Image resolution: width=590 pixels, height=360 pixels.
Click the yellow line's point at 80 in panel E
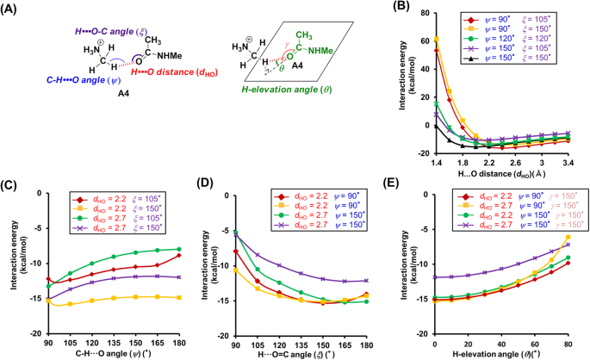(x=568, y=237)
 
